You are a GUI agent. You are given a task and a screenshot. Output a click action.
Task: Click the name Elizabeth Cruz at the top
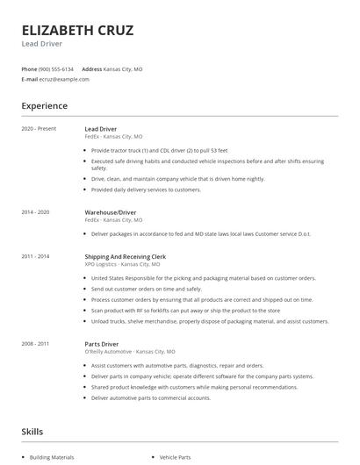click(x=77, y=31)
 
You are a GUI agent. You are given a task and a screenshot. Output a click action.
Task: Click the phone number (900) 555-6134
click(x=57, y=68)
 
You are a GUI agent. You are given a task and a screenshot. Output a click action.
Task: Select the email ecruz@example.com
click(x=64, y=79)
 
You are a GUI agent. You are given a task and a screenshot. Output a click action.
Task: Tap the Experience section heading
click(x=45, y=106)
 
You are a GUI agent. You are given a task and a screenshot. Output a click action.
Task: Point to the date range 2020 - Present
click(x=39, y=129)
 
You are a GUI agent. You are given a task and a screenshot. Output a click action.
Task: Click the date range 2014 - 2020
click(x=36, y=212)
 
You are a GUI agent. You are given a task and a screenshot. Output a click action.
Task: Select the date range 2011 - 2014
click(x=36, y=256)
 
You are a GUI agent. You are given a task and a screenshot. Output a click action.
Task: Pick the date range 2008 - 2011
click(x=36, y=344)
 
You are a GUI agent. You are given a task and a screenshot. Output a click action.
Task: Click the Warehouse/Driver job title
click(x=110, y=212)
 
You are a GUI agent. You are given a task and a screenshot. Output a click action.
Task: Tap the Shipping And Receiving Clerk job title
click(x=126, y=256)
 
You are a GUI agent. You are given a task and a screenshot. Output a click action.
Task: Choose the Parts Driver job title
click(x=102, y=344)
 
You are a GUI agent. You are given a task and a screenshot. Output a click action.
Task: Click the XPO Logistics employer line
click(x=122, y=264)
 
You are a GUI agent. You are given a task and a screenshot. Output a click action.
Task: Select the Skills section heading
click(x=32, y=432)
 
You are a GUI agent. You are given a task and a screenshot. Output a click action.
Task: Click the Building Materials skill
click(x=54, y=457)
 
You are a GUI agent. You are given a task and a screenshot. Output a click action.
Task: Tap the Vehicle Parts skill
click(x=175, y=457)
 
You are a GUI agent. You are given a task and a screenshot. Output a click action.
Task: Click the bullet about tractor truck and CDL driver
click(x=158, y=150)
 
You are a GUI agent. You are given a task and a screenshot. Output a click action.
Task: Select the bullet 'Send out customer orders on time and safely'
click(x=146, y=289)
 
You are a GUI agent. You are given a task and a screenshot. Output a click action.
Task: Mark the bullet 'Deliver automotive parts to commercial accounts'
click(x=150, y=397)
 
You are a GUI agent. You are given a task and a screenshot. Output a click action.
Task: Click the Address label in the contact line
click(x=91, y=68)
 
